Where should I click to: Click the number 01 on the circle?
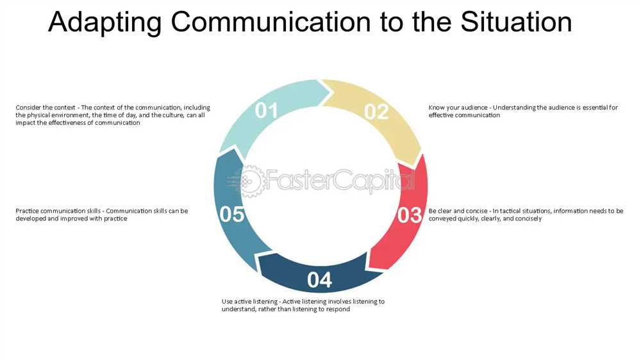(266, 110)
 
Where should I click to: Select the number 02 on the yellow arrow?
(376, 111)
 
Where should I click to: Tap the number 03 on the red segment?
(409, 215)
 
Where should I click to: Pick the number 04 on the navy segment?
(319, 280)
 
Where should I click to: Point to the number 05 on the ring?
(232, 215)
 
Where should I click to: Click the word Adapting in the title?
(105, 22)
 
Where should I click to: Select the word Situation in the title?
(516, 22)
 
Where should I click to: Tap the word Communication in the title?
(271, 22)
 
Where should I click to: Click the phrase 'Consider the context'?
(46, 108)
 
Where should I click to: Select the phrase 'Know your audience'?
(458, 108)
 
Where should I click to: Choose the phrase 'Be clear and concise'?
(458, 211)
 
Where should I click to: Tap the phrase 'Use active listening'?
(249, 302)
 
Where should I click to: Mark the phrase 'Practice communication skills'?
(58, 211)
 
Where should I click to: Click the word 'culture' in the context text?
(174, 115)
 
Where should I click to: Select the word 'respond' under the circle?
(338, 309)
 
